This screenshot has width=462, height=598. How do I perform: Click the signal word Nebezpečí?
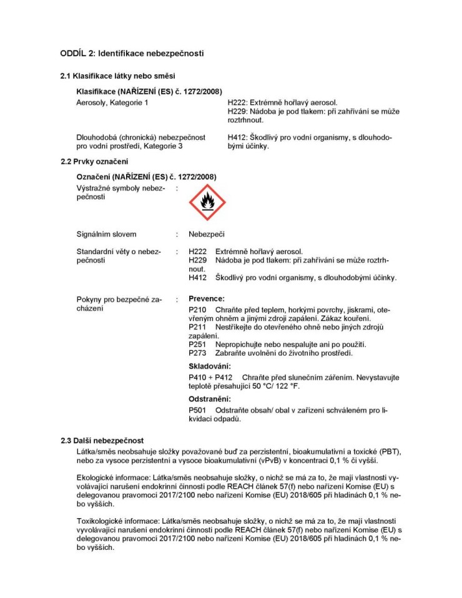207,235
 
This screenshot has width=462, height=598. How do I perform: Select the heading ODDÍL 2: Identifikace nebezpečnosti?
132,53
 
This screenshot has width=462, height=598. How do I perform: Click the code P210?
197,310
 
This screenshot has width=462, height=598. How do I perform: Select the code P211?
197,327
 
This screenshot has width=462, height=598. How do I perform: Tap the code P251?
197,345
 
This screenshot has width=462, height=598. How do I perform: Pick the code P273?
197,353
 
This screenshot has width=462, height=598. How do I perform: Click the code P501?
197,410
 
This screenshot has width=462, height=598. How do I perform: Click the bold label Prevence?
206,299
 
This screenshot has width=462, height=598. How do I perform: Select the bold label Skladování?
210,366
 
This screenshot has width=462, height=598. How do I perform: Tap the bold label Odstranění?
210,399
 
